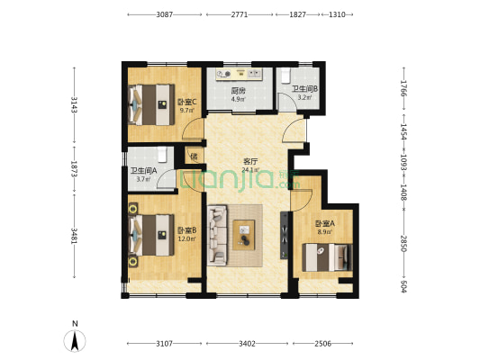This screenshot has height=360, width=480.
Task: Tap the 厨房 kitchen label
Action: pyautogui.click(x=238, y=91)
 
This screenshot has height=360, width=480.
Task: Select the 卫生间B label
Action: pyautogui.click(x=305, y=89)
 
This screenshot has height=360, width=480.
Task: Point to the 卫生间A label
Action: pyautogui.click(x=143, y=171)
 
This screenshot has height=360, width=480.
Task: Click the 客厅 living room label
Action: pyautogui.click(x=250, y=161)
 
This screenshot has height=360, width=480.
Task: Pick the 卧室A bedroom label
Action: pyautogui.click(x=325, y=223)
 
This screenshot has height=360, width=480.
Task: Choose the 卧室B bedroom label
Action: pyautogui.click(x=187, y=229)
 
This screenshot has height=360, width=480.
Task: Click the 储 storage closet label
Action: pyautogui.click(x=195, y=157)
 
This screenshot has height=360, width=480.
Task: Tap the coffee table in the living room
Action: pyautogui.click(x=244, y=235)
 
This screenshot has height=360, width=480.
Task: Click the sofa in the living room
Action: pyautogui.click(x=217, y=235)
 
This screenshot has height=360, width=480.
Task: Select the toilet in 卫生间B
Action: pyautogui.click(x=285, y=76)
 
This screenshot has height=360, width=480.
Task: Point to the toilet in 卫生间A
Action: pyautogui.click(x=162, y=155)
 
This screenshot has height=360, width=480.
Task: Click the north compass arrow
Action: pyautogui.click(x=75, y=341)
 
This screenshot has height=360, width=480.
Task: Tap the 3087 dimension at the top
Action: pyautogui.click(x=165, y=14)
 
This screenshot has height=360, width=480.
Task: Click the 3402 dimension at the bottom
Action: pyautogui.click(x=247, y=344)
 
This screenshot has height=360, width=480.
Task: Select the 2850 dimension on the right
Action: pyautogui.click(x=403, y=244)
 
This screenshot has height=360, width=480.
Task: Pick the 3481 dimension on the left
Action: pyautogui.click(x=74, y=236)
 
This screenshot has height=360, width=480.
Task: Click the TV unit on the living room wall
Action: pyautogui.click(x=285, y=235)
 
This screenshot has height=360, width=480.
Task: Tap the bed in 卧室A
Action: pyautogui.click(x=327, y=257)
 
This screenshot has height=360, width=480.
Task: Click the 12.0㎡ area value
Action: pyautogui.click(x=186, y=238)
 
